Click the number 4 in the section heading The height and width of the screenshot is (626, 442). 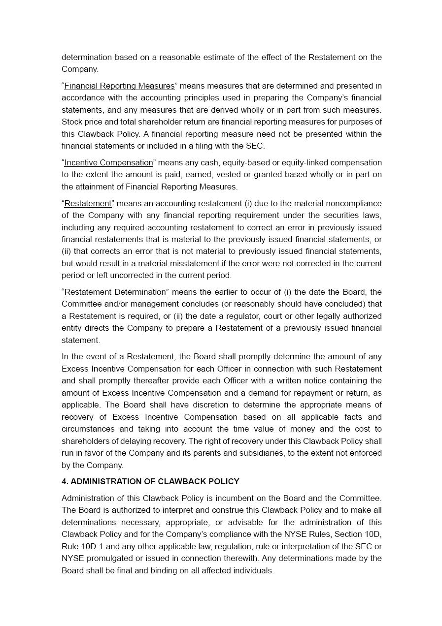click(64, 481)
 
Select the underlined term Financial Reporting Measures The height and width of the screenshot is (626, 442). click(119, 86)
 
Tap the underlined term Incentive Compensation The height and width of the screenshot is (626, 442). click(108, 162)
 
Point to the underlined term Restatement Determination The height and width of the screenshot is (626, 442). click(115, 292)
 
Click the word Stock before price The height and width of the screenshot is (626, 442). click(72, 122)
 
